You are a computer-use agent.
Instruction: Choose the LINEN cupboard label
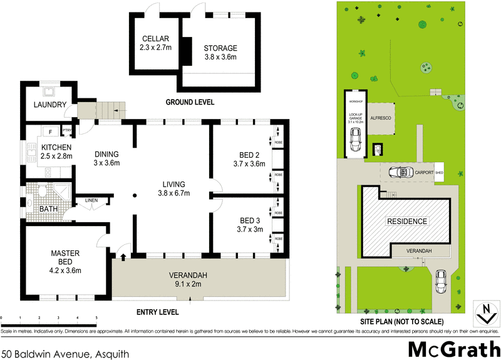(91, 200)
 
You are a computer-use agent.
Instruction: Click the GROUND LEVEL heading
(190, 102)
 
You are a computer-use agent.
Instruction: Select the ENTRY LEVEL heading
(157, 312)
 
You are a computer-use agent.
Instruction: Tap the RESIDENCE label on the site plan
(406, 221)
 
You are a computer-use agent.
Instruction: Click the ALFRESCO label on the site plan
(380, 117)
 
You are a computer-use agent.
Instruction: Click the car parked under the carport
(400, 173)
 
